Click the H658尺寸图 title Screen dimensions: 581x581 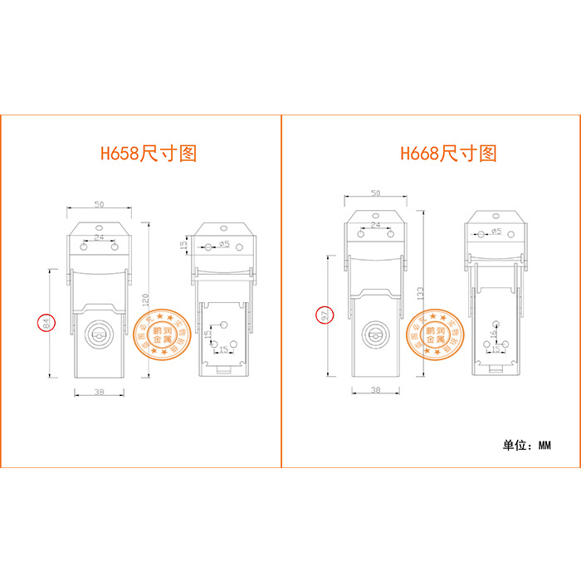click(149, 154)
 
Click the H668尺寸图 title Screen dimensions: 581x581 click(448, 154)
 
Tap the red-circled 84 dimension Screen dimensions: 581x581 click(46, 324)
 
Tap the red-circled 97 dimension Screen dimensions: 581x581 click(325, 315)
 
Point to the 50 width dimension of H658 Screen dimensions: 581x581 click(99, 203)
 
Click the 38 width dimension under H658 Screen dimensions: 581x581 click(99, 391)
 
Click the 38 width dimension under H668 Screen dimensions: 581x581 click(375, 389)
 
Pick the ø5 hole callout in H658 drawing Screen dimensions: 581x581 click(224, 245)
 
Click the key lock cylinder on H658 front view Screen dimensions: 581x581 click(99, 334)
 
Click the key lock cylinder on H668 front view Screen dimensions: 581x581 click(376, 334)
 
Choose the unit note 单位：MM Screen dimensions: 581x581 click(526, 445)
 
